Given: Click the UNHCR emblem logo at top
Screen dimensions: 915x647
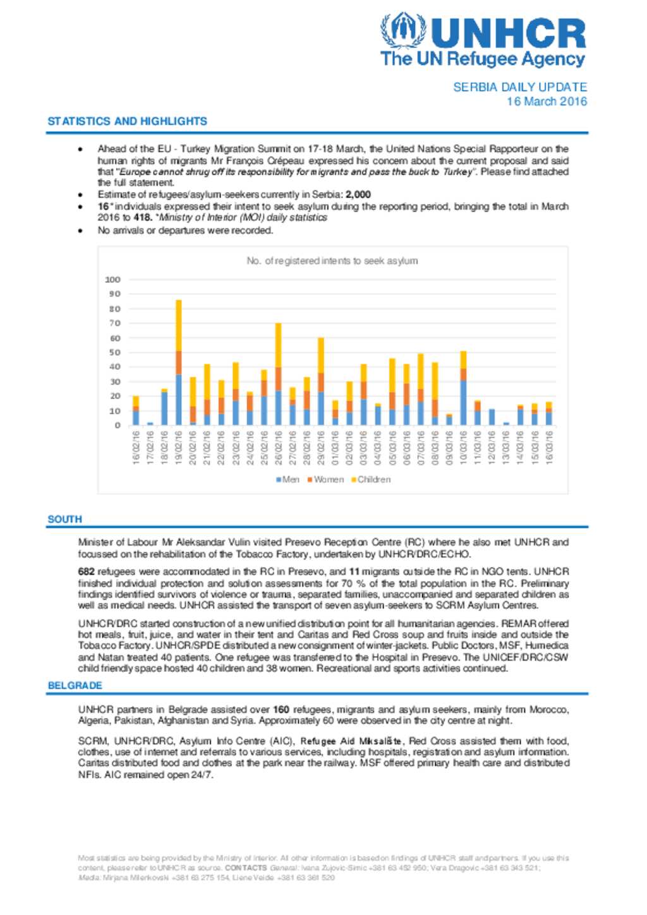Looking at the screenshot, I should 402,31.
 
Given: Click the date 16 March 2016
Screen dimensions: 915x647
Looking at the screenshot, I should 547,102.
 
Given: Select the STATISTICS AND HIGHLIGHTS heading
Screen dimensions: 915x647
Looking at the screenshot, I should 127,121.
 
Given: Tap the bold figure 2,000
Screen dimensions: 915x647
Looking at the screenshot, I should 358,194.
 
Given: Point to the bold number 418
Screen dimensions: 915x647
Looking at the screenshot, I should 142,217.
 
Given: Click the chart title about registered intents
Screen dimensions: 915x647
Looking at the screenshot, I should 332,261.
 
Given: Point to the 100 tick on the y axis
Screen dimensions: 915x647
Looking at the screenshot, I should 112,280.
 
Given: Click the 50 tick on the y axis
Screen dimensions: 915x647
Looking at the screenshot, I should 114,352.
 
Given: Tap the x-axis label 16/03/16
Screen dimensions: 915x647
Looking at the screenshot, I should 549,448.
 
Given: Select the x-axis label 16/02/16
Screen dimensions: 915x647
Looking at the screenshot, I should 136,448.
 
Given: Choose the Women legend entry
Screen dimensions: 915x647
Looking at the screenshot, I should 325,479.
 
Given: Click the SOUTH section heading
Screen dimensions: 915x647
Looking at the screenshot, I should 64,519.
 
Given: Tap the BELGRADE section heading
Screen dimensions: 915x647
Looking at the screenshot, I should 75,685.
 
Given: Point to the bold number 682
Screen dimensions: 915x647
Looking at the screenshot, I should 87,571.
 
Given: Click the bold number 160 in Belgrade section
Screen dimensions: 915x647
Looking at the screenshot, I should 281,709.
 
